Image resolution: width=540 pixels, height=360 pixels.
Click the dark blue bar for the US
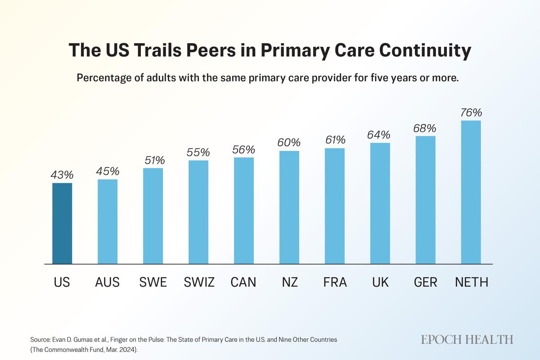pyautogui.click(x=62, y=223)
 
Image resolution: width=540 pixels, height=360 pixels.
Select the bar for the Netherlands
pyautogui.click(x=471, y=192)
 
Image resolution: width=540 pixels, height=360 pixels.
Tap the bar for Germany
pyautogui.click(x=426, y=200)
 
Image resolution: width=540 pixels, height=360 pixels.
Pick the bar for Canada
pyautogui.click(x=244, y=211)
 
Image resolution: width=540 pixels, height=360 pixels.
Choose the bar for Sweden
pyautogui.click(x=153, y=216)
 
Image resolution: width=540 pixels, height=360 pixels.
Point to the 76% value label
pyautogui.click(x=471, y=112)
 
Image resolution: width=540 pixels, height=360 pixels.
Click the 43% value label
pyautogui.click(x=62, y=175)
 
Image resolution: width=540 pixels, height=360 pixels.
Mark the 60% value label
pyautogui.click(x=289, y=143)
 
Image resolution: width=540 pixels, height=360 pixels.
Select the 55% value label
pyautogui.click(x=198, y=152)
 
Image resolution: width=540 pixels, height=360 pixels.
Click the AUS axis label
pyautogui.click(x=108, y=283)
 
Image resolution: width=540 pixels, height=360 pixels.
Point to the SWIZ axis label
pyautogui.click(x=199, y=283)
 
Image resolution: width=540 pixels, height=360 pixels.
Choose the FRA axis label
pyautogui.click(x=335, y=283)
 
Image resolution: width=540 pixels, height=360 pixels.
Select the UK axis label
pyautogui.click(x=380, y=283)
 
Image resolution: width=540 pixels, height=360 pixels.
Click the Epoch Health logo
pyautogui.click(x=467, y=339)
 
